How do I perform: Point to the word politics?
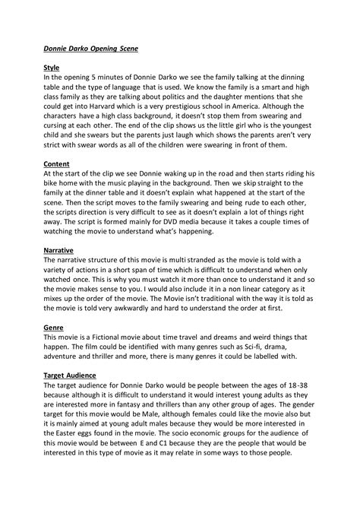197,95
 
